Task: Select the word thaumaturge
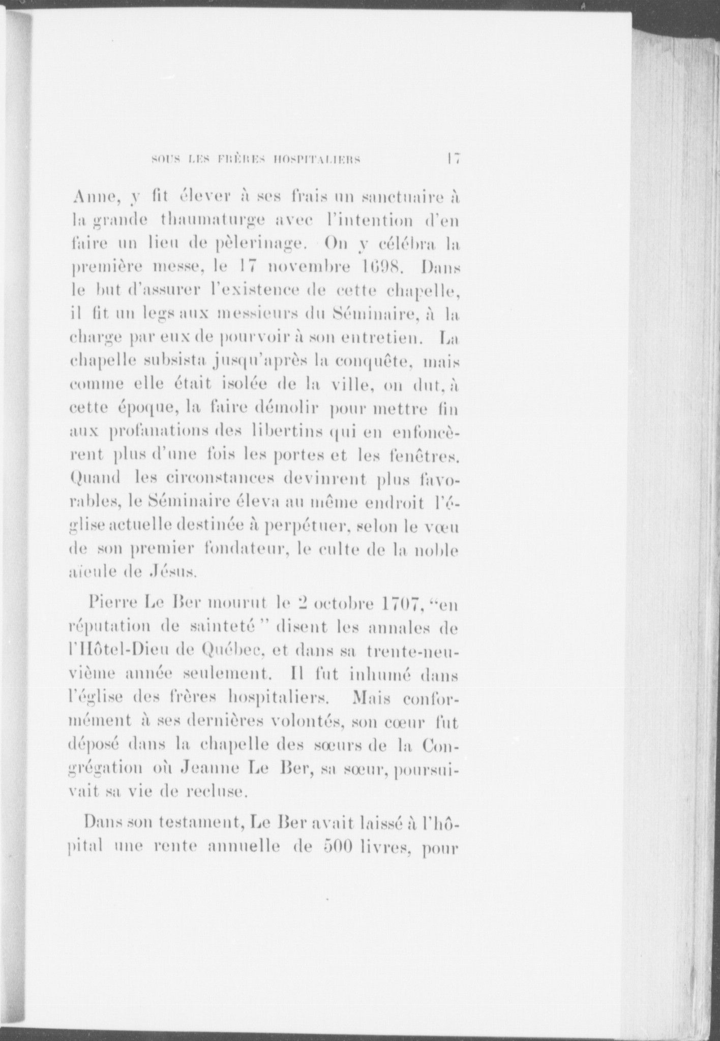click(x=212, y=221)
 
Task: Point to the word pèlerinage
click(x=260, y=244)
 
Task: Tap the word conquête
click(x=371, y=362)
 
